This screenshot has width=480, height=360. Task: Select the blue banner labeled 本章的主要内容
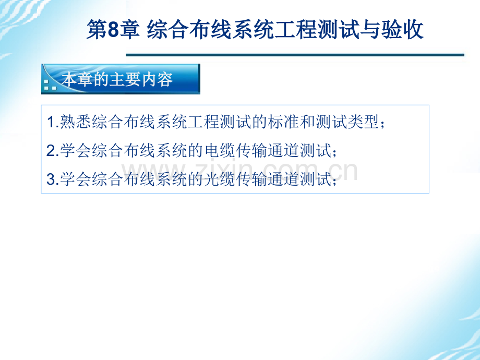click(121, 79)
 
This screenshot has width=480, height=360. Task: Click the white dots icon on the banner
click(50, 85)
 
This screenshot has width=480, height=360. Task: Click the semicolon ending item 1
click(383, 124)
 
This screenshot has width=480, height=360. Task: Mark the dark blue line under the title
click(295, 55)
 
